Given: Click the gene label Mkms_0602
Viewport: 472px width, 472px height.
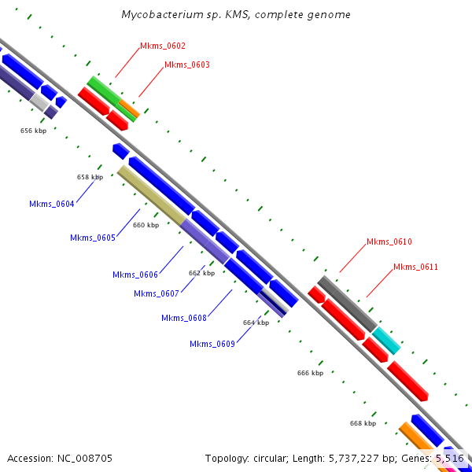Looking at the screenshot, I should (163, 46).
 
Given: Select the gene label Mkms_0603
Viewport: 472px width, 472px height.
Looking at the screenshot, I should (187, 65).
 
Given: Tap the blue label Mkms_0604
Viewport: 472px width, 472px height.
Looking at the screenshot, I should (52, 205).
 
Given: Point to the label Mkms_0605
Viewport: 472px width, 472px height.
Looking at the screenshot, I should (93, 238).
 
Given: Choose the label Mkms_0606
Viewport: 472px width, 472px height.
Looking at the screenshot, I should (135, 275).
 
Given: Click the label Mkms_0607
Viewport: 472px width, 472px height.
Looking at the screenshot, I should (157, 294).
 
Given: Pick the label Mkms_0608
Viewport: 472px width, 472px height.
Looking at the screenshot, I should (184, 319).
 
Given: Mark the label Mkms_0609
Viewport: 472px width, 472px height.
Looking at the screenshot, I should (212, 344).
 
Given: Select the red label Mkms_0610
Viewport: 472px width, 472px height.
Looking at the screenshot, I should (389, 242).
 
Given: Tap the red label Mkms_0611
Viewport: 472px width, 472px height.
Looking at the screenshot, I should (415, 267).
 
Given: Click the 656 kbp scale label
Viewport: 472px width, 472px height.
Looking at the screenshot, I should (33, 131).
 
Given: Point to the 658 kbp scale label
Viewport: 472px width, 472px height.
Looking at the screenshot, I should (90, 178).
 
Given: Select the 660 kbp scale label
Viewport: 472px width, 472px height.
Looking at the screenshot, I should (146, 226).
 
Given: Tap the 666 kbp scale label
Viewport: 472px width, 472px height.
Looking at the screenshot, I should (310, 373).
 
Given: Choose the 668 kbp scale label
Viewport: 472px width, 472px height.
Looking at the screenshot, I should (363, 423).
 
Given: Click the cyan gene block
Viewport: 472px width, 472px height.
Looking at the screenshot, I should (386, 340).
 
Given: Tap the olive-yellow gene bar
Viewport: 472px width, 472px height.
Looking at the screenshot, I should (152, 195).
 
